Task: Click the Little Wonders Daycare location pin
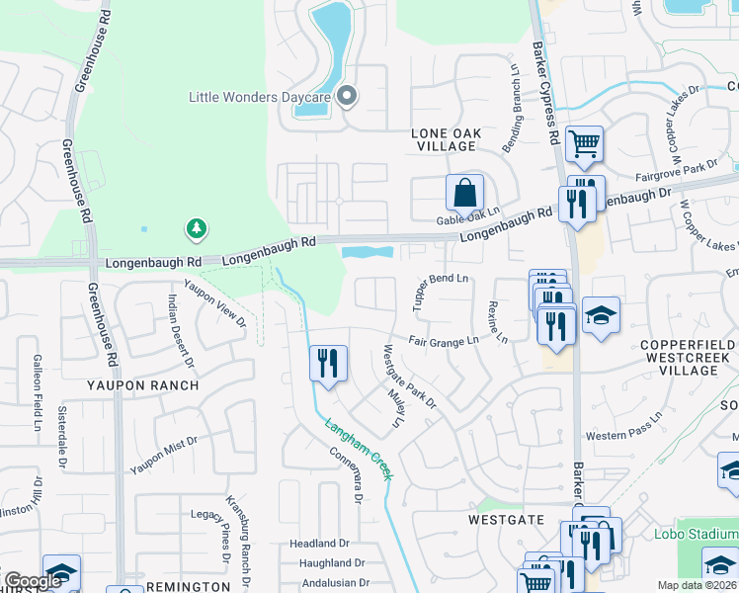(x=347, y=96)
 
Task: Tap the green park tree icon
(x=197, y=229)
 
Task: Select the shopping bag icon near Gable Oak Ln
(x=464, y=192)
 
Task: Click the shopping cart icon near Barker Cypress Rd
(x=584, y=144)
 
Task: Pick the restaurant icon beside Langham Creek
(x=328, y=363)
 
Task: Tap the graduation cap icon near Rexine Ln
(x=601, y=316)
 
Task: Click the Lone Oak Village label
(x=445, y=139)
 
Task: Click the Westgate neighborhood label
(x=506, y=518)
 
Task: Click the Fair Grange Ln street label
(x=445, y=340)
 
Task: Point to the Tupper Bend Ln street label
(x=440, y=293)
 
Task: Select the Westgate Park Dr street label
(x=410, y=377)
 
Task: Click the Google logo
(x=33, y=581)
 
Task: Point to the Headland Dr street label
(x=319, y=544)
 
